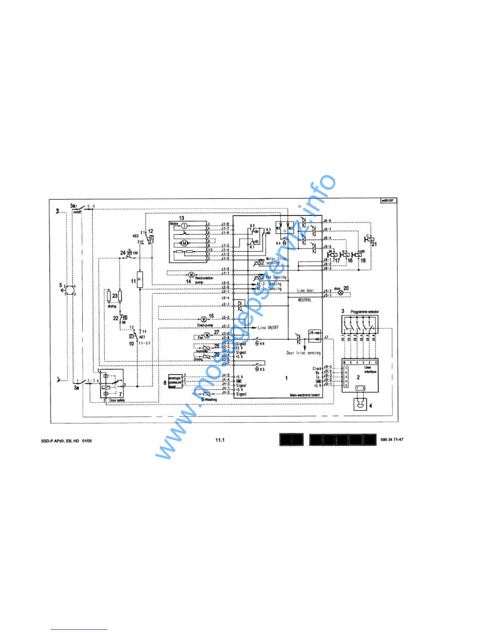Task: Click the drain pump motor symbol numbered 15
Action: coord(203,319)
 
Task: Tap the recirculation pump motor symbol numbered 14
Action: coord(191,275)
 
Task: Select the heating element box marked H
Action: coord(139,279)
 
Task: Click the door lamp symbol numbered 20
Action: coord(341,293)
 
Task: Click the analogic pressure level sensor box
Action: coord(175,382)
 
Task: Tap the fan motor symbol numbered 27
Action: coord(207,335)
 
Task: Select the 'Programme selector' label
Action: coord(364,312)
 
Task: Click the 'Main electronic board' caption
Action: coord(304,395)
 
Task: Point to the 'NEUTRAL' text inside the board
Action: coord(304,300)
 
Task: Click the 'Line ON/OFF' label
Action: coord(268,328)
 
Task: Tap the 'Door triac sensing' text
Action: coord(303,353)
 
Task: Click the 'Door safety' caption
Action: coord(117,400)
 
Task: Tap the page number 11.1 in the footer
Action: coord(220,440)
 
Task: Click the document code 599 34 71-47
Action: coord(392,440)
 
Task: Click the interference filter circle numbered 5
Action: coord(69,290)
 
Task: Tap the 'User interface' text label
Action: coord(370,370)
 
